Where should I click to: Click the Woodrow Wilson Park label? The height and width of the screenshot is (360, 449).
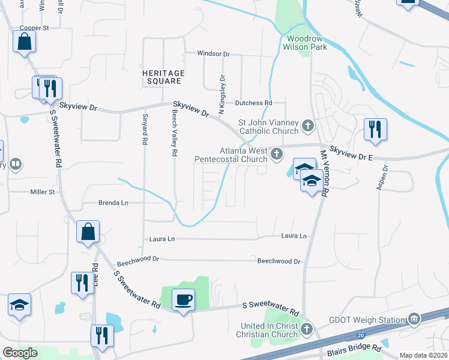click(306, 42)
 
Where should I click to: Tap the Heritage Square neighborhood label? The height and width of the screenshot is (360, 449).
click(163, 77)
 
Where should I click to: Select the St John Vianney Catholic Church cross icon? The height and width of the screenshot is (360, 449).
click(308, 126)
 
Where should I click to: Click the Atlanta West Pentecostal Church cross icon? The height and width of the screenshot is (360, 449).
click(277, 154)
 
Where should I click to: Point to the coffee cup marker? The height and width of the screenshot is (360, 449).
click(183, 299)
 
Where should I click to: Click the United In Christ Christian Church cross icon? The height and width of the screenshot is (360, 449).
click(307, 329)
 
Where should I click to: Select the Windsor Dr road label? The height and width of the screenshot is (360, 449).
click(214, 54)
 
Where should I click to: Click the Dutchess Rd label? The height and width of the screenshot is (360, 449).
click(253, 103)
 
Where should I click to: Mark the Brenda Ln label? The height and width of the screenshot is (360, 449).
click(113, 203)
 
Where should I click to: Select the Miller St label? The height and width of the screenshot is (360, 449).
click(43, 192)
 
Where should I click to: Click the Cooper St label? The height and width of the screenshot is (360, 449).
click(34, 28)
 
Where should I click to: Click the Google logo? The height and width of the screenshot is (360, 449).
click(20, 352)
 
